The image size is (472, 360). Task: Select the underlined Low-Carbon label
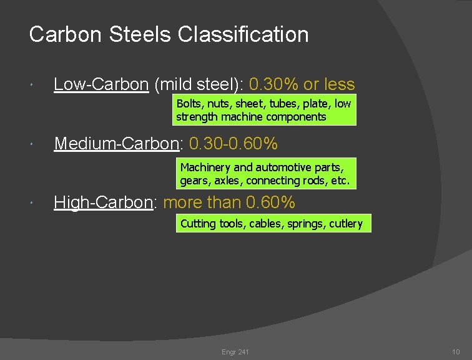101,84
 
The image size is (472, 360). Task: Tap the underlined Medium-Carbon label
117,144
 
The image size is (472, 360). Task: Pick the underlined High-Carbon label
103,202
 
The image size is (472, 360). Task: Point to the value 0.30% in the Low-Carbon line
273,84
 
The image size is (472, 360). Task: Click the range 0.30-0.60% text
234,144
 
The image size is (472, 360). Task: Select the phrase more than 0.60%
229,202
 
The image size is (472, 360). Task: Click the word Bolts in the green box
189,104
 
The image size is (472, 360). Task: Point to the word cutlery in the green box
346,224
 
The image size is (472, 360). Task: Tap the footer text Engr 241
235,352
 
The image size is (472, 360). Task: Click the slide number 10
456,352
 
